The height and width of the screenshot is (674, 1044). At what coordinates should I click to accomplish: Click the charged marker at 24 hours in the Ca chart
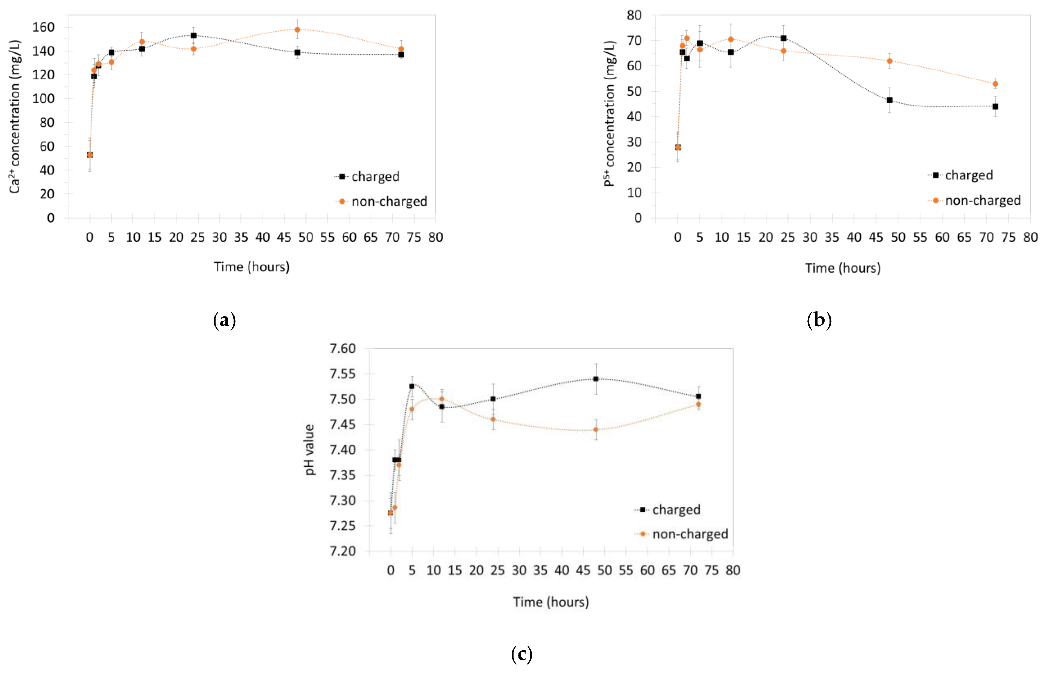click(193, 35)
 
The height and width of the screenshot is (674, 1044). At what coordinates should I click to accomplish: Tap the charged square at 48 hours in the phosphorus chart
click(890, 100)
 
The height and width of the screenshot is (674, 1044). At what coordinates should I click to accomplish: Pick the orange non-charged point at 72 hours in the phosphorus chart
click(995, 83)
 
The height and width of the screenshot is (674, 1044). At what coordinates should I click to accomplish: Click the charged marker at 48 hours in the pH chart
click(596, 379)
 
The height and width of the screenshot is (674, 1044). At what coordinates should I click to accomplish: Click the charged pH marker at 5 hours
click(412, 386)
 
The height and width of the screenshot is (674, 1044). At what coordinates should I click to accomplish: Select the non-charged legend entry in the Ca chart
click(389, 201)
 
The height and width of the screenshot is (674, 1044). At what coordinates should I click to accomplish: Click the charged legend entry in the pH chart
click(676, 510)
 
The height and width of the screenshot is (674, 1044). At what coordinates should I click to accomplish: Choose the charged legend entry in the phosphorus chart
click(968, 175)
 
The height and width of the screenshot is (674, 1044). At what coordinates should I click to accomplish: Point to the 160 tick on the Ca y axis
click(43, 27)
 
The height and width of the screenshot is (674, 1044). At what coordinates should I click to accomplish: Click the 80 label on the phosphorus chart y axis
click(634, 15)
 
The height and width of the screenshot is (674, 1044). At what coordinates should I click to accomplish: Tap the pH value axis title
click(309, 450)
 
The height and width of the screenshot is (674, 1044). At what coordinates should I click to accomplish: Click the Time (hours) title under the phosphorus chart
click(843, 268)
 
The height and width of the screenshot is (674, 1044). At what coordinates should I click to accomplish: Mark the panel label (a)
click(225, 321)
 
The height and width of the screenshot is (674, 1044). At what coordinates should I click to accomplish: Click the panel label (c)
click(521, 654)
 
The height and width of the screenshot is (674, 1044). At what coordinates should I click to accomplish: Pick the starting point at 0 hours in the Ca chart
click(90, 155)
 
